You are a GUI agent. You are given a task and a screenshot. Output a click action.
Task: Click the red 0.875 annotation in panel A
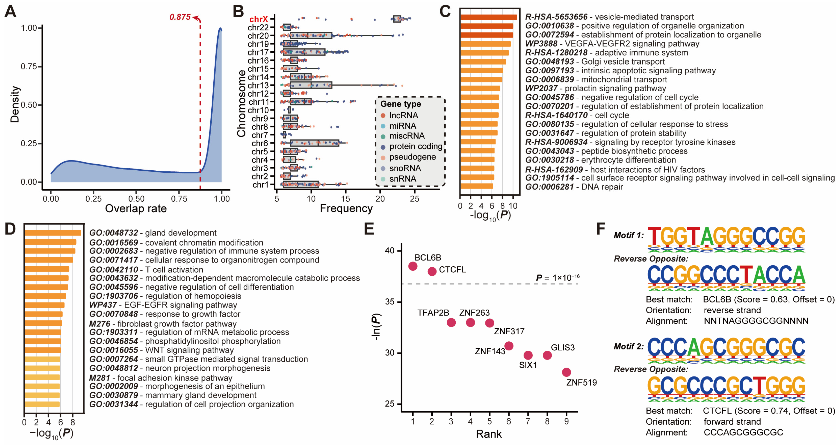(x=180, y=17)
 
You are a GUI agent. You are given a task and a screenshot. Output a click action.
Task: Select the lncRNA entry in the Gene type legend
(x=403, y=116)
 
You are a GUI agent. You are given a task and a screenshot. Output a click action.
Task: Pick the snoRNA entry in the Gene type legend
(x=405, y=168)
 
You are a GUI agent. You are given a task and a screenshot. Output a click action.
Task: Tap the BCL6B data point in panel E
(x=413, y=266)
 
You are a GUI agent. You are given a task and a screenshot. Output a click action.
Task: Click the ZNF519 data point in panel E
(x=566, y=372)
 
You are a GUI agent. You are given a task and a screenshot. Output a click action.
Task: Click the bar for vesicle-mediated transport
(x=488, y=17)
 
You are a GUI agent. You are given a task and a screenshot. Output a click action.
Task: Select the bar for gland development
(x=53, y=233)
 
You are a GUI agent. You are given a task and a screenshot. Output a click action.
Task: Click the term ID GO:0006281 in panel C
(x=549, y=187)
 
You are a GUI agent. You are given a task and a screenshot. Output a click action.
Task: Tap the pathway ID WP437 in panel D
(x=103, y=305)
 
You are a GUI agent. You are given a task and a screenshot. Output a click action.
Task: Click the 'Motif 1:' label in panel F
(x=628, y=235)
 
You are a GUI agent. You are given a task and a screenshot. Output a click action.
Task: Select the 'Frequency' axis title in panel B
(x=346, y=208)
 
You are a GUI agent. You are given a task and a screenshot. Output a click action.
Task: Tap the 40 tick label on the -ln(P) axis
(x=390, y=251)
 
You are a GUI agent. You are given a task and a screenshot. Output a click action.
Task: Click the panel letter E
(x=369, y=229)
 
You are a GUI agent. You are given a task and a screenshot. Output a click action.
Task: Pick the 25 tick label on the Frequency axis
(x=415, y=199)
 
